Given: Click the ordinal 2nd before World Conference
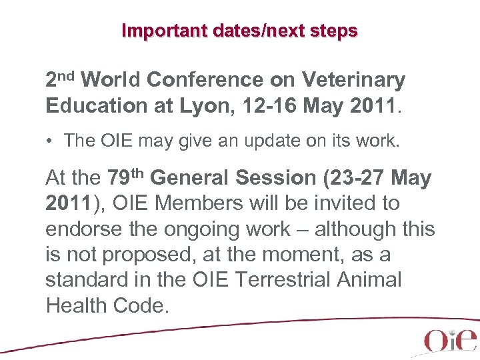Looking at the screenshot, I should [x=61, y=79].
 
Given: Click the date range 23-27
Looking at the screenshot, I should [x=365, y=178].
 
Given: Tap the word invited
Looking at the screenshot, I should [x=344, y=203].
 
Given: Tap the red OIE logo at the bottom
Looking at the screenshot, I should [x=450, y=339].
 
